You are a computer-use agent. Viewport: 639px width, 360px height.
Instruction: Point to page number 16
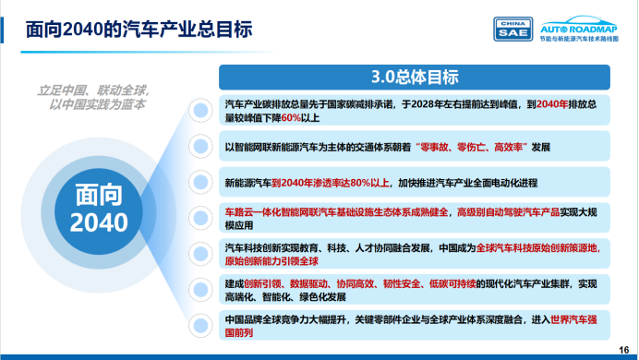[623, 348]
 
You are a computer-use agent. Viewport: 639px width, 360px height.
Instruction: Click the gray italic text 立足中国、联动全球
[92, 91]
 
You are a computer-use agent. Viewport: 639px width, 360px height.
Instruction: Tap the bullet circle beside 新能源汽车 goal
[199, 181]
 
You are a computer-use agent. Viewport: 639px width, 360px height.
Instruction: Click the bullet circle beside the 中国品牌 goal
[199, 324]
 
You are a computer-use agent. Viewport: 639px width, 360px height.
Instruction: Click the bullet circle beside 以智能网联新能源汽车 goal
[199, 147]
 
